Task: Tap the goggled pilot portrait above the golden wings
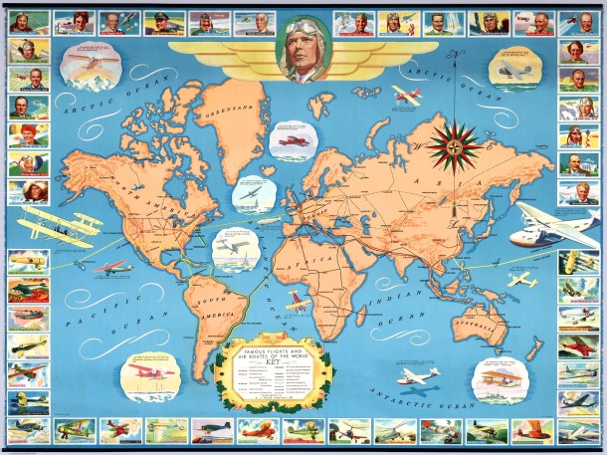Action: pyautogui.click(x=303, y=49)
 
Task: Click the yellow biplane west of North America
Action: pyautogui.click(x=55, y=223)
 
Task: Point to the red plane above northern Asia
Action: pyautogui.click(x=407, y=96)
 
